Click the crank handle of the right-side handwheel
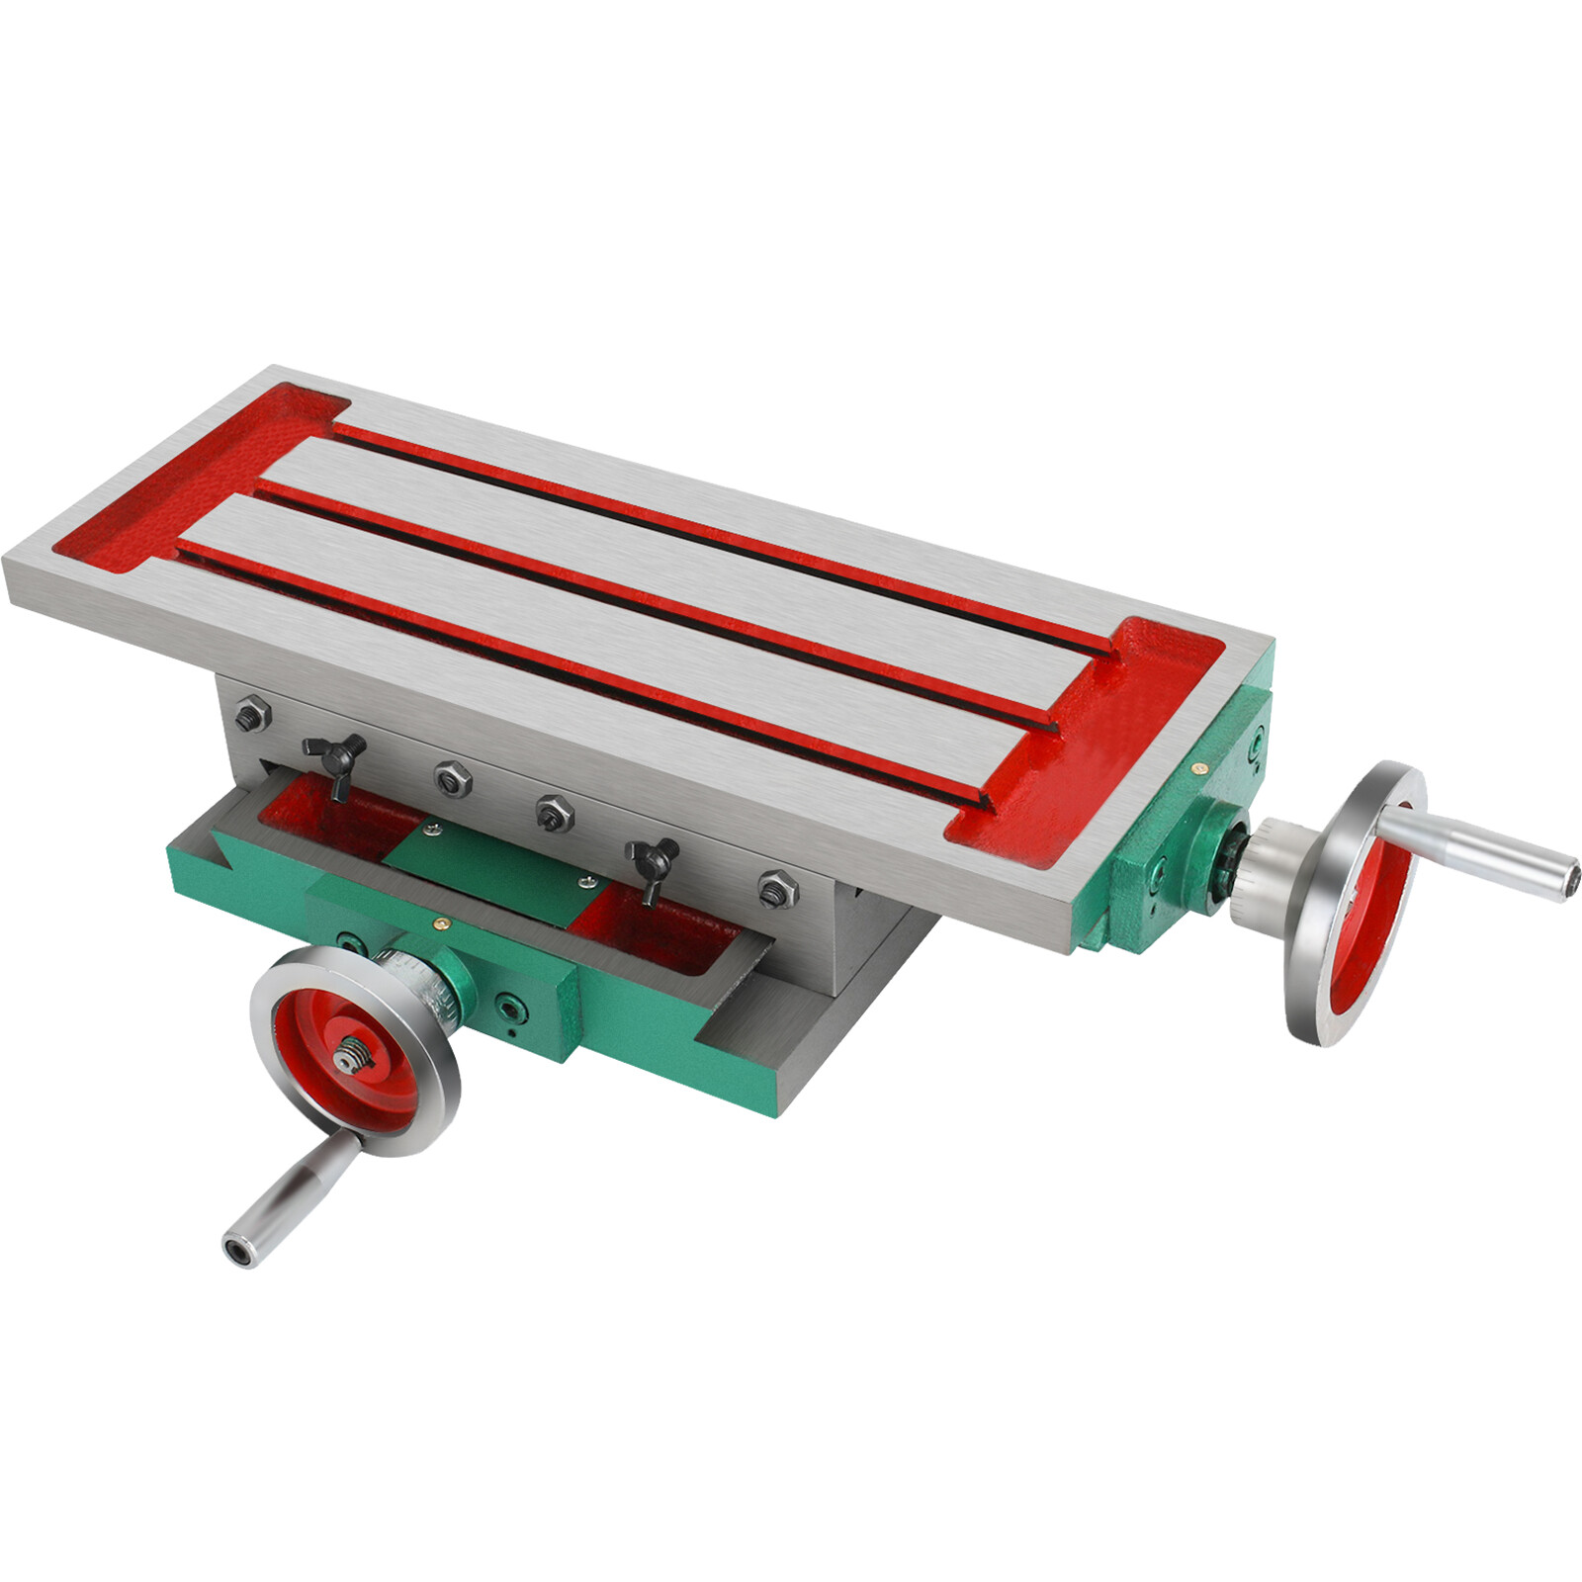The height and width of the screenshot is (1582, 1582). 1473,846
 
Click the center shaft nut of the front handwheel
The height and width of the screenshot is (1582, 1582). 347,1058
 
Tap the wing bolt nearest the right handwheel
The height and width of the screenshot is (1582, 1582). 653,862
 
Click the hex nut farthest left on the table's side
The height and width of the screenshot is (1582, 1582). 252,713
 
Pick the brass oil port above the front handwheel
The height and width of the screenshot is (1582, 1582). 439,922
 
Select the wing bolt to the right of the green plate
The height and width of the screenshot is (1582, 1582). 653,862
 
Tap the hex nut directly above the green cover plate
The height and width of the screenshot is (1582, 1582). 554,812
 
